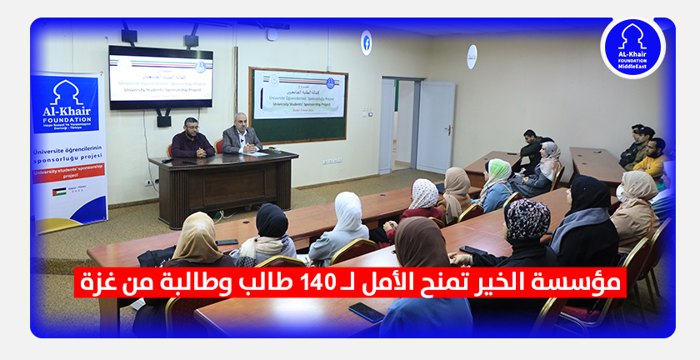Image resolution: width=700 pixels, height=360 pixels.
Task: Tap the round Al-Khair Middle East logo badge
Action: point(632,47)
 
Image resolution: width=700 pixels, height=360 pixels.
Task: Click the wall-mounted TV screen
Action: point(160,77)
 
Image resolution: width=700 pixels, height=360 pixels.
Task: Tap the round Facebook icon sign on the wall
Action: point(366,42)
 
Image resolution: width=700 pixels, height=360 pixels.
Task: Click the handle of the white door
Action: point(447,130)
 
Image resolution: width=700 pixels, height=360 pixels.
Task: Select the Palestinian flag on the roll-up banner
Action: point(59,191)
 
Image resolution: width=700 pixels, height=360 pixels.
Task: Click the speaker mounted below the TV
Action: point(164,120)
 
